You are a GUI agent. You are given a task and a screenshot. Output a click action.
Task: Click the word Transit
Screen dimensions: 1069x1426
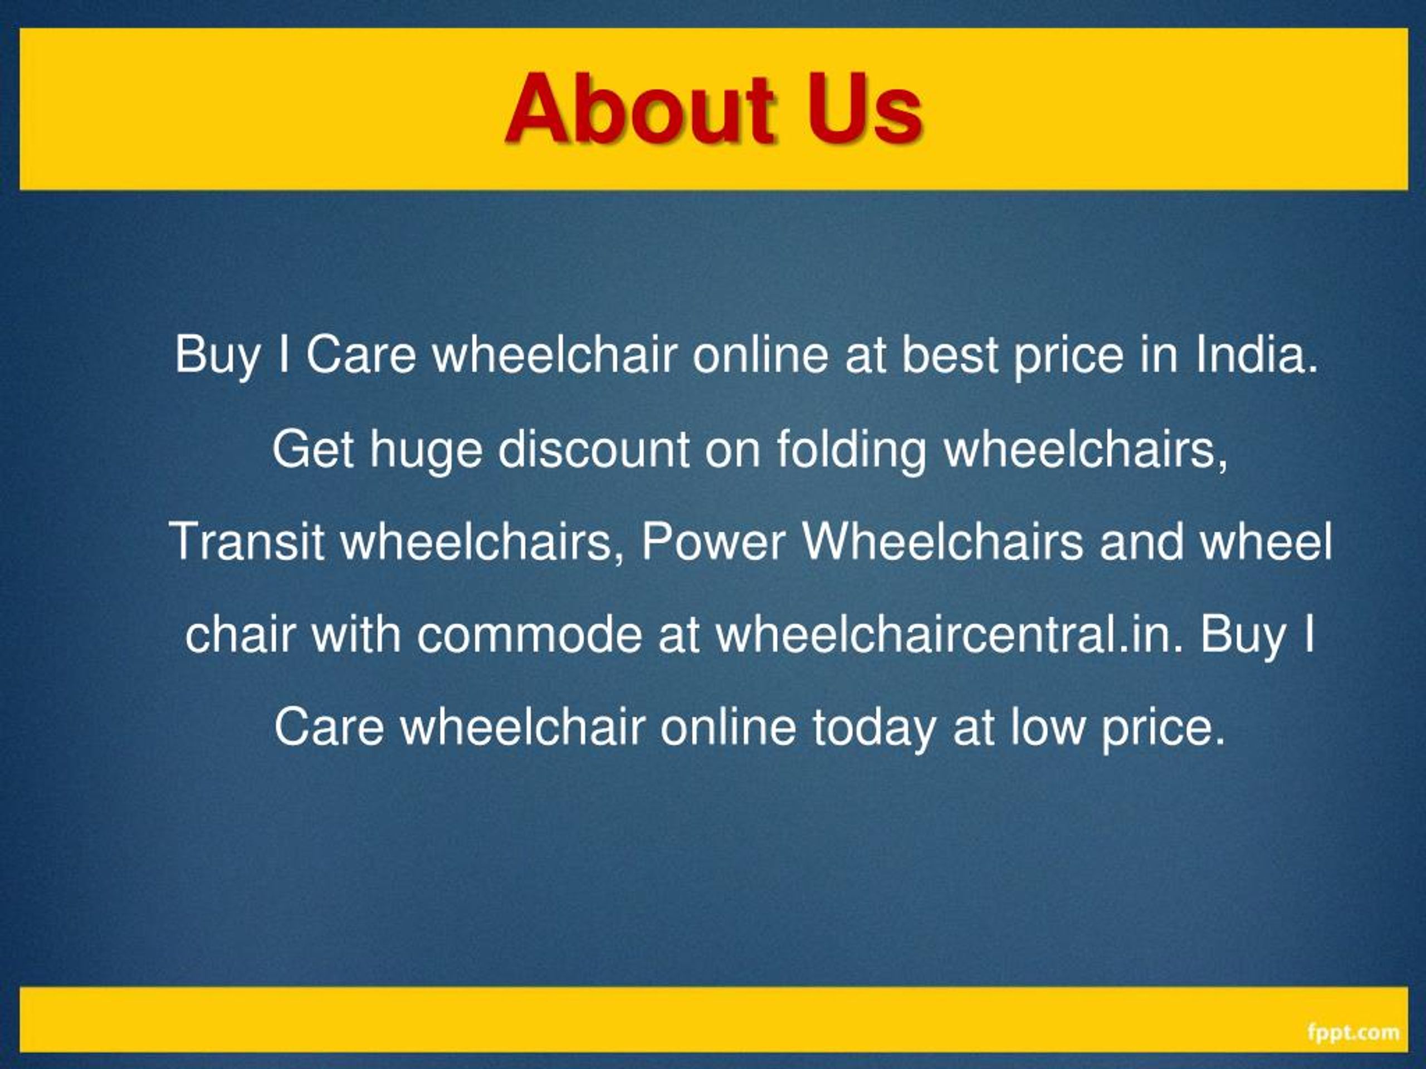246,541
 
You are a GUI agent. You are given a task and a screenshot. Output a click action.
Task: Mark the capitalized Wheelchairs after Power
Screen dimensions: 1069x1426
942,541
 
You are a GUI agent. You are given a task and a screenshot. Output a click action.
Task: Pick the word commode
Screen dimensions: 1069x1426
529,634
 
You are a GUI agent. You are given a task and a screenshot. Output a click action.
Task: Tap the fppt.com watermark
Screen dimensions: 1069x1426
1353,1032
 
